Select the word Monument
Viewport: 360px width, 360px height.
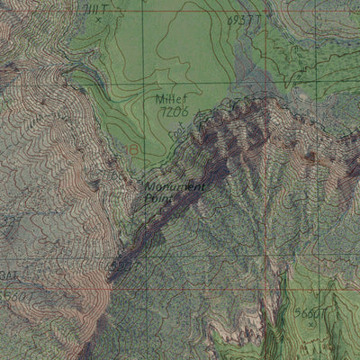[175, 187]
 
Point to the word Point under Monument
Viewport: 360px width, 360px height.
[156, 198]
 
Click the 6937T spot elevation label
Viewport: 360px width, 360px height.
[243, 18]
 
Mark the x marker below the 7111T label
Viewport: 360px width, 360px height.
[99, 19]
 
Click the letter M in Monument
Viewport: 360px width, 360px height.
[149, 187]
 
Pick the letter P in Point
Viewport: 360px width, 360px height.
[148, 198]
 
